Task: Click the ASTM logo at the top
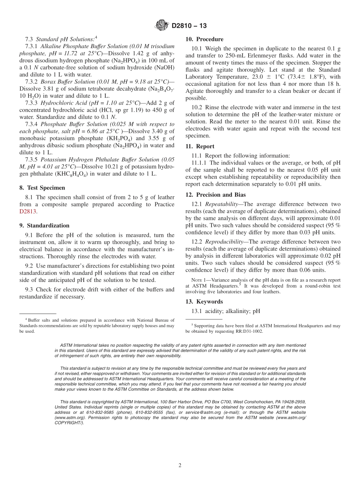(x=162, y=26)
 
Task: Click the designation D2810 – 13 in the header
(x=189, y=26)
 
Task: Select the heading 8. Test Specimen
(x=42, y=188)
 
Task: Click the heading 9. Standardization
(x=44, y=225)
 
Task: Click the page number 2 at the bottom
(x=180, y=465)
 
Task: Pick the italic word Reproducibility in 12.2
(x=224, y=242)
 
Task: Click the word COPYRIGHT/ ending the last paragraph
(x=69, y=423)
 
